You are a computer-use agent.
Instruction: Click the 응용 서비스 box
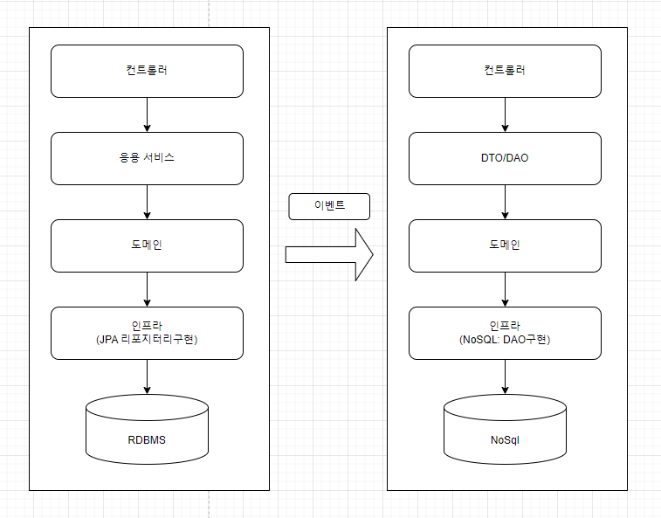[147, 158]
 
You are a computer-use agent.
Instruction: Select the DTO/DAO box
[505, 158]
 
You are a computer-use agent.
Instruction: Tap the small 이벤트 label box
[329, 206]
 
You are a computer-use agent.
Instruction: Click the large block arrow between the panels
[329, 255]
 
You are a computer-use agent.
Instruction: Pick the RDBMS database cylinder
[147, 430]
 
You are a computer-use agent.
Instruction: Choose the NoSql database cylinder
[505, 430]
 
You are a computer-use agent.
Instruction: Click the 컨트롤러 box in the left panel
[147, 71]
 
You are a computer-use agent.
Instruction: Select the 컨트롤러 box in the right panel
[505, 71]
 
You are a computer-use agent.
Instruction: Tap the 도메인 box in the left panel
[147, 245]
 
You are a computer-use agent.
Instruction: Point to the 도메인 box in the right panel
[505, 245]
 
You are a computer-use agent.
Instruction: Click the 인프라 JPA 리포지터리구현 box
[147, 333]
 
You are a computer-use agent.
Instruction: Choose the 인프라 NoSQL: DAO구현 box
[505, 333]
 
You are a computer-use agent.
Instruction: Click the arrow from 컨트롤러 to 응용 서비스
[147, 114]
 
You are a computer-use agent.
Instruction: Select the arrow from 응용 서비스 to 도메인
[147, 202]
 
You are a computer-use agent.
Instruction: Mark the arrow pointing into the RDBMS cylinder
[147, 376]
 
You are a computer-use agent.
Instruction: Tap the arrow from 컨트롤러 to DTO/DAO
[505, 114]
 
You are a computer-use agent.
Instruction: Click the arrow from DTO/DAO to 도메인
[505, 202]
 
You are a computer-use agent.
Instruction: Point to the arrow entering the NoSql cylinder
[505, 376]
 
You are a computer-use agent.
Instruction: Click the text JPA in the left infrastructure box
[108, 340]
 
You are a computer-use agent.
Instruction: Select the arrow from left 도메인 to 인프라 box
[147, 289]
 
